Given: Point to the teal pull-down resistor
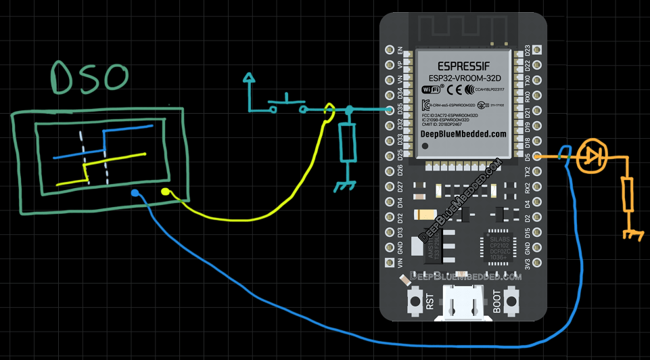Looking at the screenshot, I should (348, 142).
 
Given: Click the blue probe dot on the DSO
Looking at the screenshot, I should (135, 194).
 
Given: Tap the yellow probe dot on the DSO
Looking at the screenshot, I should (166, 193).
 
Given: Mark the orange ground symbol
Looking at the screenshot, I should (632, 233).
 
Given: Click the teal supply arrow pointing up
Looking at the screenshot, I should (250, 80).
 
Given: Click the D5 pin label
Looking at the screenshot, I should (527, 156).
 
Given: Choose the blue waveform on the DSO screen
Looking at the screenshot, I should (108, 142).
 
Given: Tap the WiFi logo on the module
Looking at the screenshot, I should (431, 89).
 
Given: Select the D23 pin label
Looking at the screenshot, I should (527, 50).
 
